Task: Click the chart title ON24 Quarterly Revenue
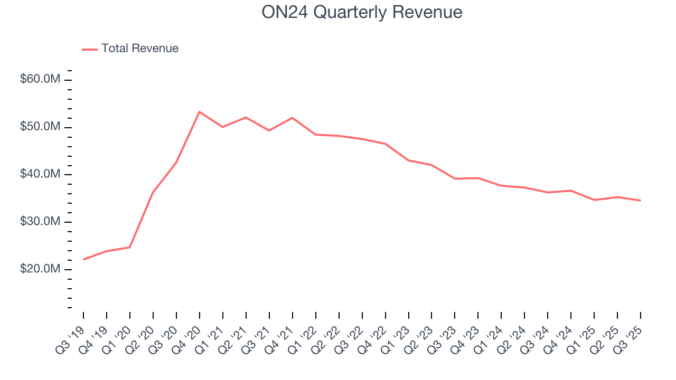(x=362, y=12)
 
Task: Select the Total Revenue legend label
(x=140, y=49)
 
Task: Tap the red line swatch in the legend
(x=90, y=49)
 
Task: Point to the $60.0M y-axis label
(x=40, y=79)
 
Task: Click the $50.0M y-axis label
(x=40, y=127)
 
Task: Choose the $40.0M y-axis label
(x=40, y=174)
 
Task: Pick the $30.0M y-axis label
(x=40, y=222)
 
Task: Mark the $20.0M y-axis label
(x=40, y=269)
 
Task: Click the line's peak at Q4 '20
(x=200, y=112)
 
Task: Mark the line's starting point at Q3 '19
(x=83, y=260)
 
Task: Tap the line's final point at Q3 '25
(x=641, y=201)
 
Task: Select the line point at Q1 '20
(x=130, y=247)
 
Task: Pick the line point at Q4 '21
(x=293, y=118)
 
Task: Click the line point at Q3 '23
(x=455, y=178)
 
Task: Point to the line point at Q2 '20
(x=153, y=192)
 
